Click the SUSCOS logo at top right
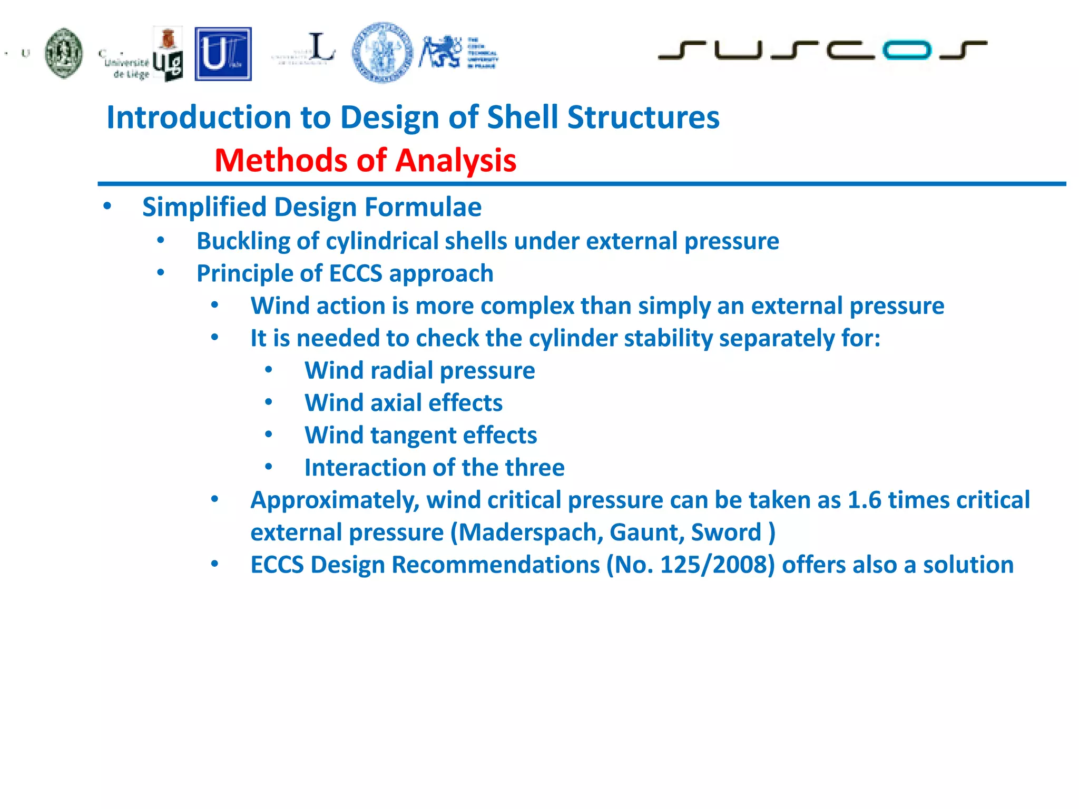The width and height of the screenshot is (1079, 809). (x=822, y=50)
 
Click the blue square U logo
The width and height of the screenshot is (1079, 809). (x=223, y=54)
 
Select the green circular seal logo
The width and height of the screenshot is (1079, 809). (x=64, y=53)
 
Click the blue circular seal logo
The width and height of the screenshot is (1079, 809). (x=382, y=52)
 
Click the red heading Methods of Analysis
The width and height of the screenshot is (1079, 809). (x=365, y=160)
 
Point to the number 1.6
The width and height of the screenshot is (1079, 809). (x=864, y=500)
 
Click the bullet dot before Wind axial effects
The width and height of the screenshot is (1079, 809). (x=269, y=403)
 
